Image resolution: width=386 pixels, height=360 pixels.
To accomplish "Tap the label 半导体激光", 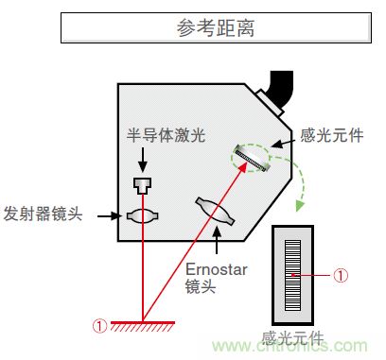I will click(167, 135).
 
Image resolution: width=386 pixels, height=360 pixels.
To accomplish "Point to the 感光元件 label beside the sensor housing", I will click(331, 136).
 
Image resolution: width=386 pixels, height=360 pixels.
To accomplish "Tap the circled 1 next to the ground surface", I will click(100, 326).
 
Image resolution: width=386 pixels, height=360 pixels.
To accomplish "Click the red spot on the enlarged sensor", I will click(299, 275).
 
